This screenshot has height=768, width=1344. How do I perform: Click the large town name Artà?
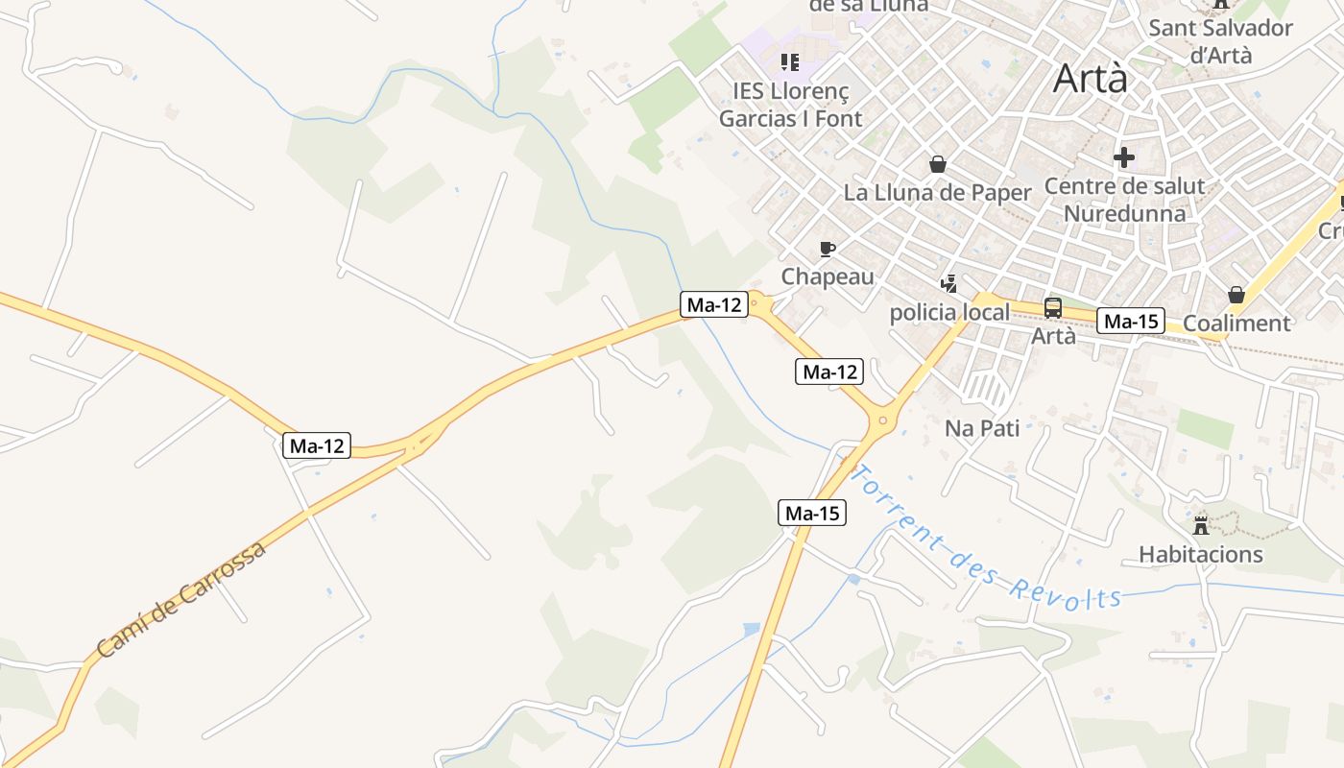click(1091, 79)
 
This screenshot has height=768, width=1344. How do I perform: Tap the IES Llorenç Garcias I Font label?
click(791, 105)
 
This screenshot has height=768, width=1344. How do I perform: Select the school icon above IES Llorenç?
click(790, 62)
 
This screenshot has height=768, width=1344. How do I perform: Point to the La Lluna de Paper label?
click(937, 192)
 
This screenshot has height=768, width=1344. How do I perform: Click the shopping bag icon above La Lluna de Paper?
click(937, 164)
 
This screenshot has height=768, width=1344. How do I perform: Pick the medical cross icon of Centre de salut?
click(1124, 156)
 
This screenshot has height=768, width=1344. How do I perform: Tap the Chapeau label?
click(828, 276)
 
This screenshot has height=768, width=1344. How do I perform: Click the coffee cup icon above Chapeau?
click(828, 251)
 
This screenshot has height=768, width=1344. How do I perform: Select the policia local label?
click(949, 312)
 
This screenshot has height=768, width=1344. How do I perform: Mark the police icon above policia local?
click(949, 283)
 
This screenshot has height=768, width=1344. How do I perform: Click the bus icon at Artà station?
click(1053, 308)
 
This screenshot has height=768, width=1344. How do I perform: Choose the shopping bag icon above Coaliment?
click(1236, 295)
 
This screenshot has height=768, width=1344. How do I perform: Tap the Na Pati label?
click(982, 428)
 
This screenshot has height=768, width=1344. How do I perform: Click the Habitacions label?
click(1200, 554)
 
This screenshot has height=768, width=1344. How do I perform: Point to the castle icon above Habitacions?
click(1201, 525)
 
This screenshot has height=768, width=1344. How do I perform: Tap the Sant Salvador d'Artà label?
click(1220, 41)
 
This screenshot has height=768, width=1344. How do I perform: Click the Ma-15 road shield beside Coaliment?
click(1131, 322)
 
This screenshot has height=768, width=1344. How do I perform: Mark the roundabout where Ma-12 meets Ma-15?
click(882, 420)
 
